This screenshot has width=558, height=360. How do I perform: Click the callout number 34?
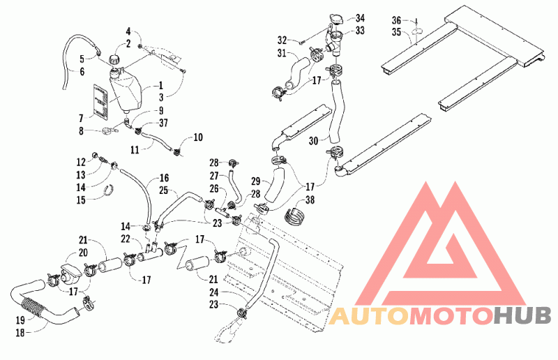tap(360, 18)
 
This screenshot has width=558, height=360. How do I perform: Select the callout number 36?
tap(397, 20)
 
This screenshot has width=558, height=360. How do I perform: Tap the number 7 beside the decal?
tap(81, 117)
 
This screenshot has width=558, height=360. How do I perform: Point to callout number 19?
tap(20, 320)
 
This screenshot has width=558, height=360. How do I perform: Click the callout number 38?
tap(310, 200)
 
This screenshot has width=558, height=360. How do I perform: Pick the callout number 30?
tap(313, 141)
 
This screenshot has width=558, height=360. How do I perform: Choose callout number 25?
tap(163, 190)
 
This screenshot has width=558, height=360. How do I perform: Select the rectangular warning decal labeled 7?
tap(100, 100)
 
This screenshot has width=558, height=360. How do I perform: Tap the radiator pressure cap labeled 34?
tap(335, 20)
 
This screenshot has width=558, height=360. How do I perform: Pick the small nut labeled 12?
tap(95, 156)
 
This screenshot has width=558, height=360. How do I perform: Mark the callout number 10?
tap(198, 137)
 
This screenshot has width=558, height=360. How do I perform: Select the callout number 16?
tap(164, 178)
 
